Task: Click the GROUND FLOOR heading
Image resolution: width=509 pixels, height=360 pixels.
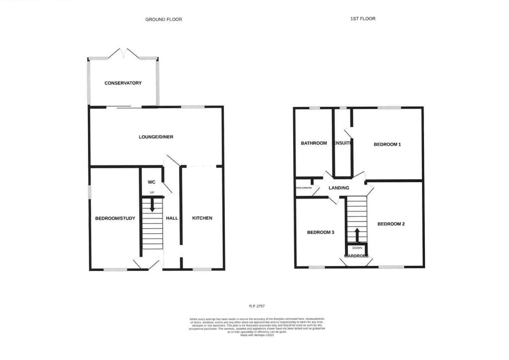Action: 164,19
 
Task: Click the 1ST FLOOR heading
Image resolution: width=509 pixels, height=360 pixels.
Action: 362,18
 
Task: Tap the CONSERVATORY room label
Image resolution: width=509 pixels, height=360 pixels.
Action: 123,83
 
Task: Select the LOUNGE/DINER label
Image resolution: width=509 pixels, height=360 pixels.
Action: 156,137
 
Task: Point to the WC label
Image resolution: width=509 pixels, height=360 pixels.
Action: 152,182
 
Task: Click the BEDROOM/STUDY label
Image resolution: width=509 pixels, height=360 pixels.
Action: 115,218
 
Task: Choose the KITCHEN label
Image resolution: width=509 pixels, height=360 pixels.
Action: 202,218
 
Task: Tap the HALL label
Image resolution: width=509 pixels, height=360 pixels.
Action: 172,218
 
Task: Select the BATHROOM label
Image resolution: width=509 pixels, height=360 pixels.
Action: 314,144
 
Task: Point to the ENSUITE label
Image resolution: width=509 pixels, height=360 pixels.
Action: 343,144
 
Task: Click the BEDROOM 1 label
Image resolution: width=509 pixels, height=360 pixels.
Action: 387,145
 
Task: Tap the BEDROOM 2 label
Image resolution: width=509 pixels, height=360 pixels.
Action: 391,224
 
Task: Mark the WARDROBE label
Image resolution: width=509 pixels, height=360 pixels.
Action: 356,256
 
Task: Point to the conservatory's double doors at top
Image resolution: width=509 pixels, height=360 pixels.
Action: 123,53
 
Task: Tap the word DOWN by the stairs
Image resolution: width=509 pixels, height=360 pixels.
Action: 357,248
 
